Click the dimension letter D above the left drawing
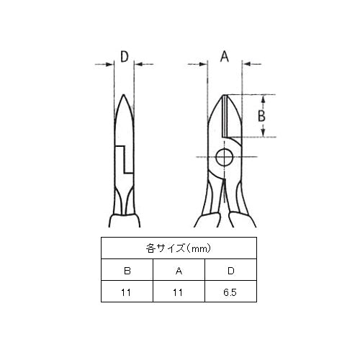pyautogui.click(x=125, y=57)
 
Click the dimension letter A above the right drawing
pyautogui.click(x=225, y=57)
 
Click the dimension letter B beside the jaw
pyautogui.click(x=261, y=116)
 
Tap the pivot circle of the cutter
pyautogui.click(x=225, y=158)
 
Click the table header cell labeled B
pyautogui.click(x=127, y=271)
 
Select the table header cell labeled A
pyautogui.click(x=179, y=271)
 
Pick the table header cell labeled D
pyautogui.click(x=230, y=271)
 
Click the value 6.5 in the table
pyautogui.click(x=230, y=292)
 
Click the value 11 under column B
pyautogui.click(x=126, y=292)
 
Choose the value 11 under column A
pyautogui.click(x=178, y=292)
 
